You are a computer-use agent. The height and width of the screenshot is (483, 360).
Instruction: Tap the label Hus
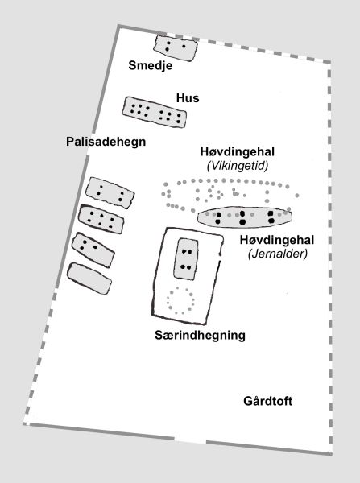tap(188, 98)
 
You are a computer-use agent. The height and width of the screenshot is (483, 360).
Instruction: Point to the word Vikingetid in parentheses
tap(237, 166)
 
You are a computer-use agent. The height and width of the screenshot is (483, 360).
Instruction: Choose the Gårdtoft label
tap(270, 401)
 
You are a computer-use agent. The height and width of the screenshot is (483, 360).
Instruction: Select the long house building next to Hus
tap(155, 111)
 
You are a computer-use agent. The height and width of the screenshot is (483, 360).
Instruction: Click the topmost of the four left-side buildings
tap(110, 192)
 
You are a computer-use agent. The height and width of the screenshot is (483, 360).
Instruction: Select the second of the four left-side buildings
tap(103, 219)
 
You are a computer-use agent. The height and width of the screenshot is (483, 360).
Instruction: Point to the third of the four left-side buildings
tap(92, 249)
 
